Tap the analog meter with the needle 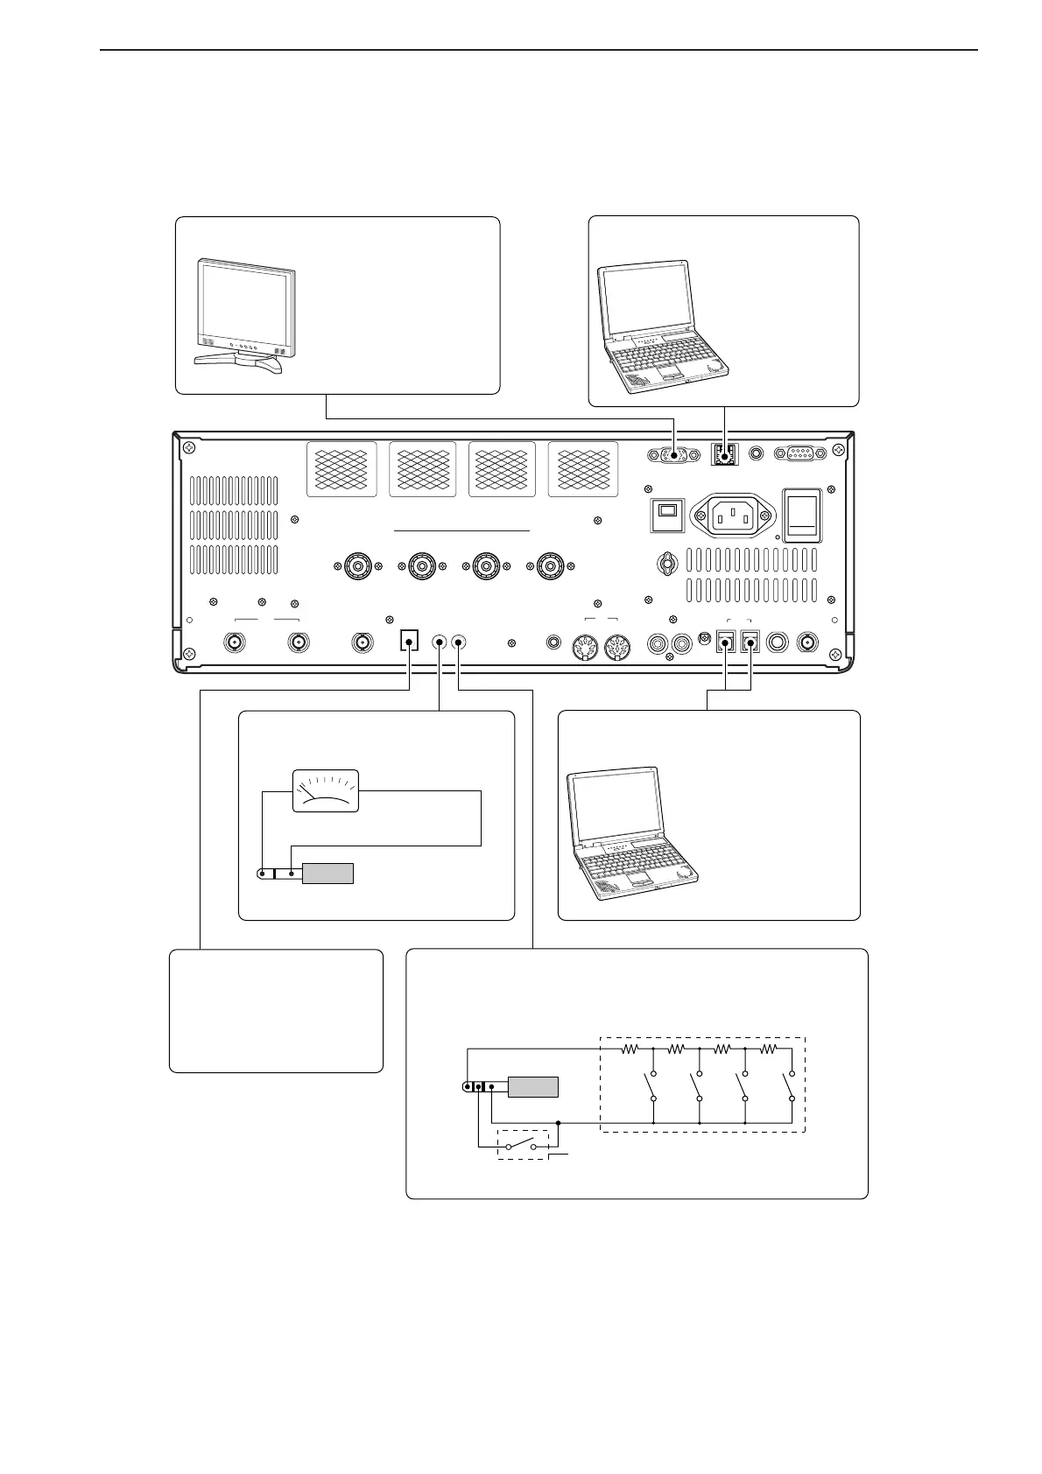(x=325, y=790)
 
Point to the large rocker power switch (x=801, y=516)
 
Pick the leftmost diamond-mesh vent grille (x=341, y=469)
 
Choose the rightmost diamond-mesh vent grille (x=582, y=469)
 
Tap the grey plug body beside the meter (x=327, y=873)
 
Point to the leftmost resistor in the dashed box (x=630, y=1048)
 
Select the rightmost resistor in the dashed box (x=768, y=1048)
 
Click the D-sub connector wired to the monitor (x=673, y=454)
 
